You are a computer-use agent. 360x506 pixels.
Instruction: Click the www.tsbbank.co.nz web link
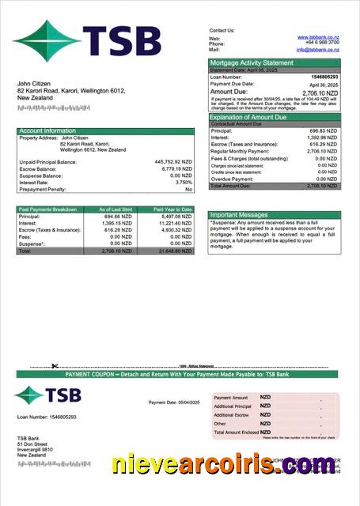[318, 37]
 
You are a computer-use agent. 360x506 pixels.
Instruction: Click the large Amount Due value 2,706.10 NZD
[320, 92]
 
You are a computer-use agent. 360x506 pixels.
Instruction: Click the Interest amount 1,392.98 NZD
[321, 137]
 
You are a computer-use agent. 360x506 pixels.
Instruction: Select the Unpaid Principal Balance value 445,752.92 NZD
[173, 161]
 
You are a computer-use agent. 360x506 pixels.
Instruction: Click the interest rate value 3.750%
[181, 183]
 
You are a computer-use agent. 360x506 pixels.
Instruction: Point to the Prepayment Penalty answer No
[188, 190]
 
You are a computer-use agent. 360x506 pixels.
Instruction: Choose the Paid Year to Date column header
[173, 210]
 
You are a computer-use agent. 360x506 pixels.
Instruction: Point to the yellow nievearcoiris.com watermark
[223, 465]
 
